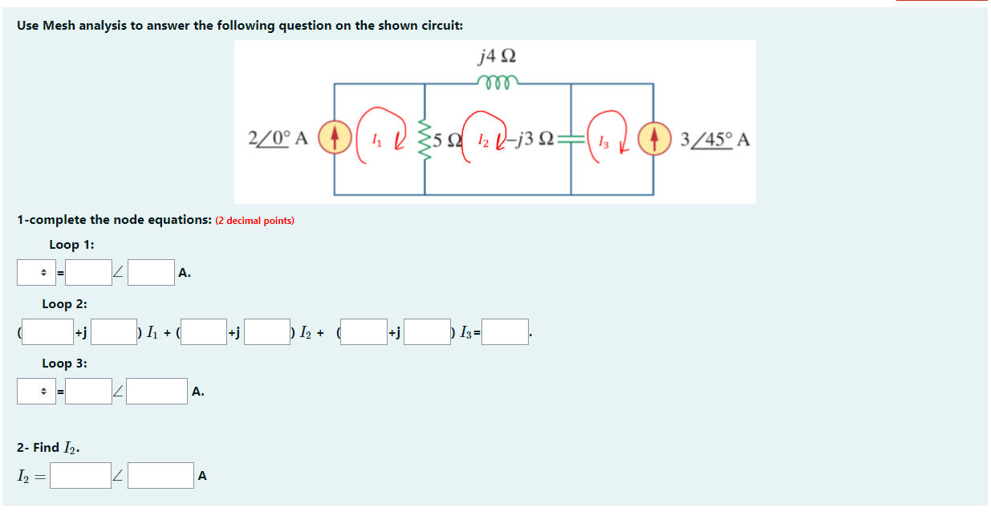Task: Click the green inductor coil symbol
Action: [497, 79]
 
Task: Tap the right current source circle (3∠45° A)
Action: [655, 137]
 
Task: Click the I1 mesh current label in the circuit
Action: [377, 139]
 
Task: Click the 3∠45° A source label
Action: [715, 140]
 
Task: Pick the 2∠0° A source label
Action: [280, 137]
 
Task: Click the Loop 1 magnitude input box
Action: [89, 273]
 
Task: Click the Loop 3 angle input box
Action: [157, 392]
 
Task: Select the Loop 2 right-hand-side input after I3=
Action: [505, 332]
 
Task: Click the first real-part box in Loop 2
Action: [47, 332]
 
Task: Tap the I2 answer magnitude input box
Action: [82, 475]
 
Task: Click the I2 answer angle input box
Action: [160, 475]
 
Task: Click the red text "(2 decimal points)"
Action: [255, 221]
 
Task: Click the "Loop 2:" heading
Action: [65, 304]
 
